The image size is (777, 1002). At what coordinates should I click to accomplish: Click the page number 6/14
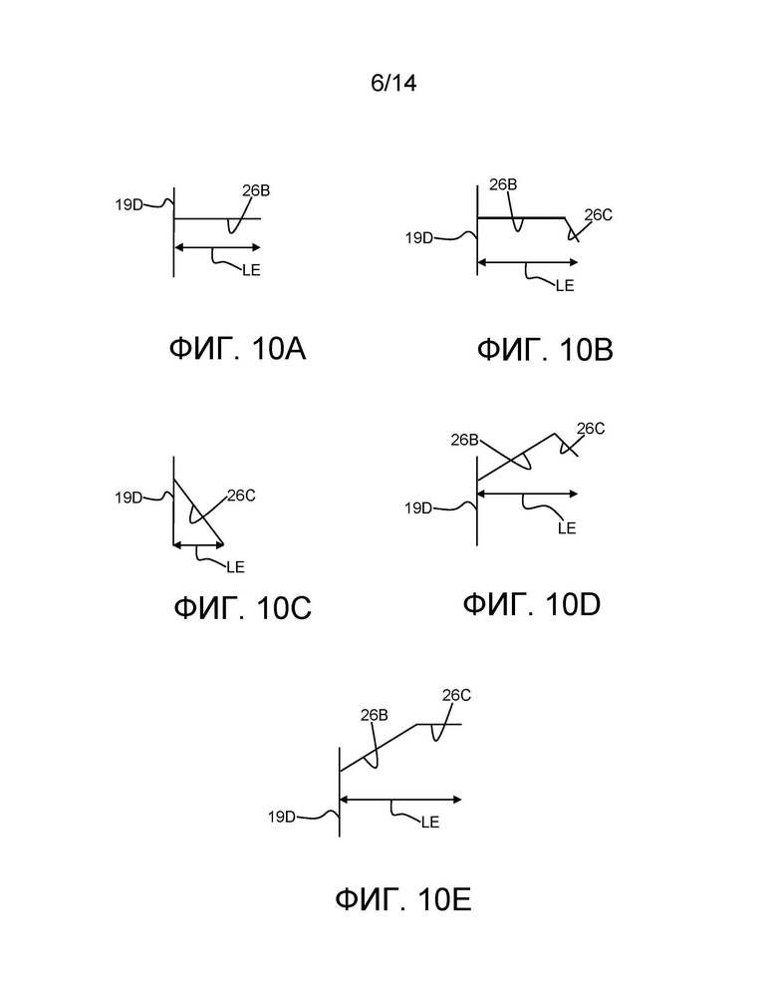tap(393, 83)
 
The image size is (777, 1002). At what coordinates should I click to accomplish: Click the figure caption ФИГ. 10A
tap(237, 349)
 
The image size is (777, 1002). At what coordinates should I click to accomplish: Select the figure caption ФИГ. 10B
tap(545, 350)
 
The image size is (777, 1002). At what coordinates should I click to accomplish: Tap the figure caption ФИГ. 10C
tap(243, 607)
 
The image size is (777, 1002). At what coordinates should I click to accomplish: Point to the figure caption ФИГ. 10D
tap(532, 604)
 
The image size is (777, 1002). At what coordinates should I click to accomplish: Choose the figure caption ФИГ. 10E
tap(403, 899)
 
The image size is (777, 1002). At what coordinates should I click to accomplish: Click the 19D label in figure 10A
tap(129, 205)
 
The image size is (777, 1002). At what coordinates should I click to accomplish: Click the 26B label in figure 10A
tap(256, 190)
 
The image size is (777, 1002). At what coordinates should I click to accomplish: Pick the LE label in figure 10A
tap(252, 270)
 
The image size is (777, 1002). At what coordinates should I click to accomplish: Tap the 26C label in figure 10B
tap(599, 214)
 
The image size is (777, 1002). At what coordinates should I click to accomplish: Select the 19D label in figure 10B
tap(418, 238)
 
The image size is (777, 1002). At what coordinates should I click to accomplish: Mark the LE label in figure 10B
tap(565, 286)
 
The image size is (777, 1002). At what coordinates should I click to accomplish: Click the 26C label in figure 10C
tap(241, 496)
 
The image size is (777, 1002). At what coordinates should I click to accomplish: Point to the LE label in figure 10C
tap(235, 567)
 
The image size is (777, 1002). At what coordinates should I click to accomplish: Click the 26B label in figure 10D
tap(465, 440)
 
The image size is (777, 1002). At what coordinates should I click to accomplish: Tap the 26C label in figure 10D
tap(591, 428)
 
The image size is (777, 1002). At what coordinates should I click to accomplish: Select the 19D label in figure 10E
tap(282, 817)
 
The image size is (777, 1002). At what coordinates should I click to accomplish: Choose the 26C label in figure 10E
tap(456, 695)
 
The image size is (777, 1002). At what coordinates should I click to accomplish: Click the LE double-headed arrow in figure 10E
tap(400, 800)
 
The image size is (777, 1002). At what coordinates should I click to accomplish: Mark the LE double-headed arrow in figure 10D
tap(527, 494)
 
